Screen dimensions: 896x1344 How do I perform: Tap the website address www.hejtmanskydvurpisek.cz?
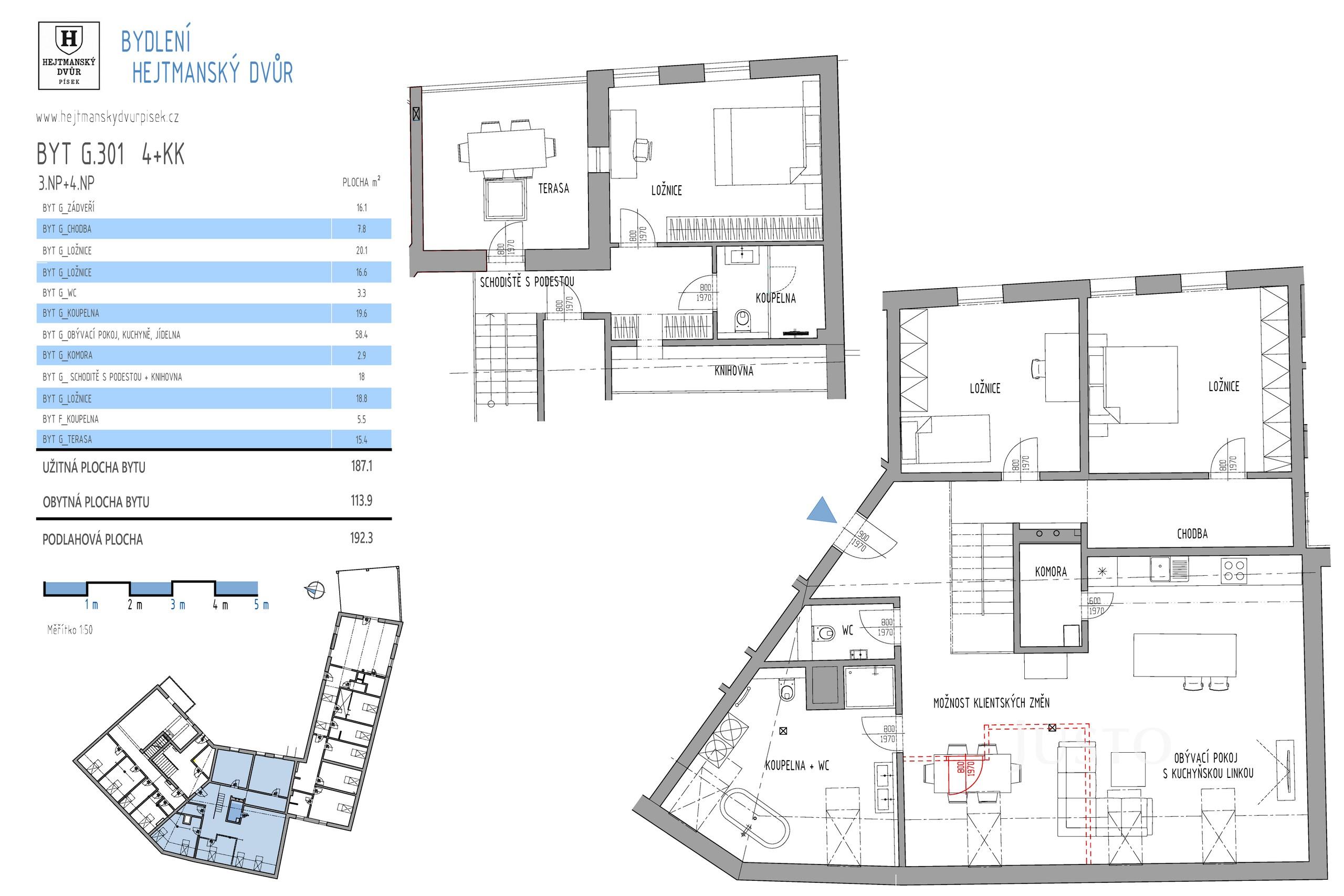[x=108, y=118]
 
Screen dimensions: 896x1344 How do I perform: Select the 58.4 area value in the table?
[x=361, y=335]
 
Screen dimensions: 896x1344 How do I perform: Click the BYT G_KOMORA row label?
[x=67, y=355]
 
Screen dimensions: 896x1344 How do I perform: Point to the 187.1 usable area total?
[x=361, y=466]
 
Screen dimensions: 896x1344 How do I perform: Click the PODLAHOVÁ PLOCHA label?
[x=92, y=540]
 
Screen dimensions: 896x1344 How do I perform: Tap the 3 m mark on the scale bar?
[x=178, y=605]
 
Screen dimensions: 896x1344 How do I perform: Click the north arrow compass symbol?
[x=316, y=591]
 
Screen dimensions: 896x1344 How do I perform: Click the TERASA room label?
[x=553, y=188]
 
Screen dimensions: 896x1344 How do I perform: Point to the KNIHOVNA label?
[x=734, y=372]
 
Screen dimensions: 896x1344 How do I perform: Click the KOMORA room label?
[x=1051, y=572]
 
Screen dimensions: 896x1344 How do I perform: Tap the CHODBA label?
[x=1192, y=534]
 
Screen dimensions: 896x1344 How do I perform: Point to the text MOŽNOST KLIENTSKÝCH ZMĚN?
[x=991, y=703]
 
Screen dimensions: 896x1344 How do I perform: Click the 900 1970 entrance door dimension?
[x=859, y=541]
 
